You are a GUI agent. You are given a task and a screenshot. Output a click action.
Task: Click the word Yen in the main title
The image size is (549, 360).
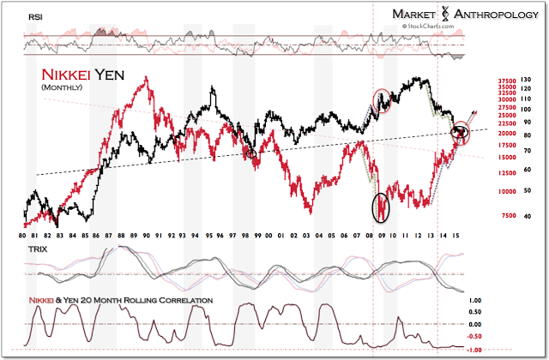(107, 75)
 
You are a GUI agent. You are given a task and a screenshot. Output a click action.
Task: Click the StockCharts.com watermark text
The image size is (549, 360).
(424, 27)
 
